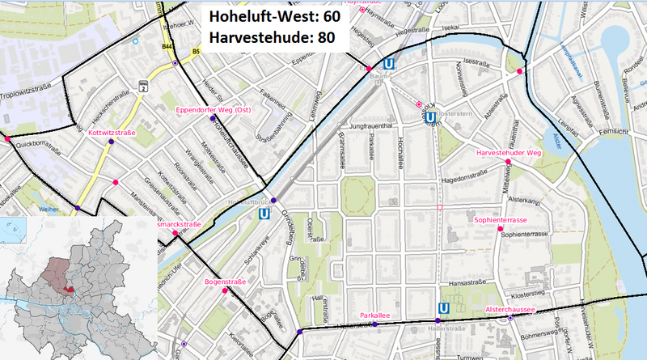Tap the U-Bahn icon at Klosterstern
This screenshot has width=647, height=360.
click(432, 117)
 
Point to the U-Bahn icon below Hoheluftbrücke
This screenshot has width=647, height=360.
click(264, 214)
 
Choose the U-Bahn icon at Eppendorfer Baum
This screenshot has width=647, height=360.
click(391, 64)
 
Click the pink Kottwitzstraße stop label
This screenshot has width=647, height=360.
click(111, 131)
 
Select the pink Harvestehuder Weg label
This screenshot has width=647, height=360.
click(507, 152)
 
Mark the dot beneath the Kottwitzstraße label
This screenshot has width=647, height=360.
click(111, 142)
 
